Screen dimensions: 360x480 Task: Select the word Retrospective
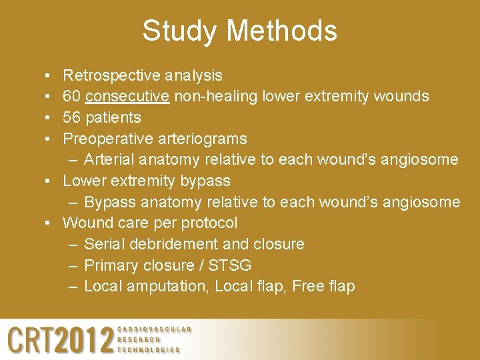[111, 75]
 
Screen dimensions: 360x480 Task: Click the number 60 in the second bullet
[72, 97]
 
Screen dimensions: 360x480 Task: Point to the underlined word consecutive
[127, 97]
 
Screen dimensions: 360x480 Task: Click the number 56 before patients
[72, 118]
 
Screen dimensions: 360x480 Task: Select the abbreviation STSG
[229, 266]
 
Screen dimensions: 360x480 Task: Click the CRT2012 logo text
[60, 340]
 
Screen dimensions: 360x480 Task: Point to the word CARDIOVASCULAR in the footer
[154, 329]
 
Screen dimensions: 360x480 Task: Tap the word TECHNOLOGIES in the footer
[149, 350]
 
